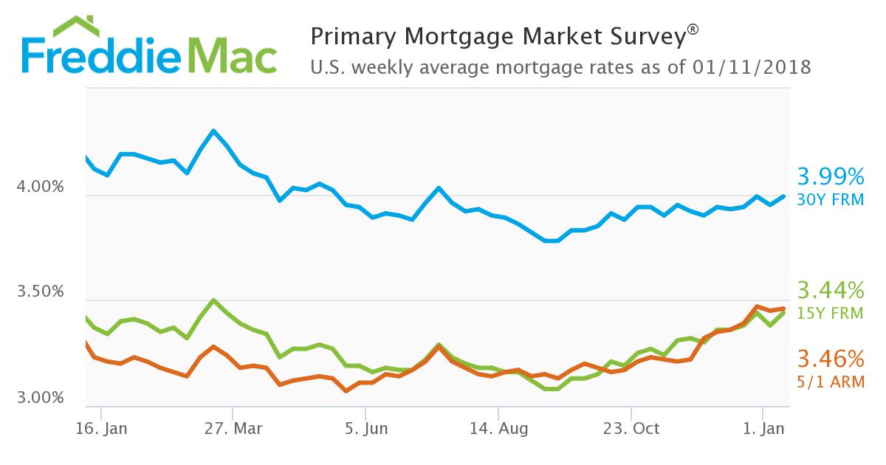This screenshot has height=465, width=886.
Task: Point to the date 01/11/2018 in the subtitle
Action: (x=752, y=68)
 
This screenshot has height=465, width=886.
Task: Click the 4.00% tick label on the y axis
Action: (x=40, y=188)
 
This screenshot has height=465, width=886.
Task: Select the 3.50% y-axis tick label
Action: (x=40, y=292)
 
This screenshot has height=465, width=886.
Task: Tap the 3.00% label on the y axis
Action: (x=40, y=399)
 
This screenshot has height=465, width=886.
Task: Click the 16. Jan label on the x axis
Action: (x=101, y=429)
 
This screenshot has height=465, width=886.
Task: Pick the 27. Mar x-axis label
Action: (x=233, y=429)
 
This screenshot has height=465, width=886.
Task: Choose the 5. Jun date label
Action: (x=365, y=429)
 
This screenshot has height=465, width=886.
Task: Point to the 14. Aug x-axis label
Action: (x=498, y=429)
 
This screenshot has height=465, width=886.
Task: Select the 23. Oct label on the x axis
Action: (x=631, y=429)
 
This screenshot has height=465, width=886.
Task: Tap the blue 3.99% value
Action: (x=830, y=177)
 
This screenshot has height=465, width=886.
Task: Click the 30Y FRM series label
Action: (x=831, y=199)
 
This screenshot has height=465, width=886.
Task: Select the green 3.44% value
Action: (x=830, y=289)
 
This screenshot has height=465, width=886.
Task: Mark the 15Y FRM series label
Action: (x=831, y=313)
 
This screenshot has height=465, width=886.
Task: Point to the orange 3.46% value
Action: (x=830, y=359)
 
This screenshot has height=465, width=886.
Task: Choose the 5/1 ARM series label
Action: (x=831, y=382)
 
